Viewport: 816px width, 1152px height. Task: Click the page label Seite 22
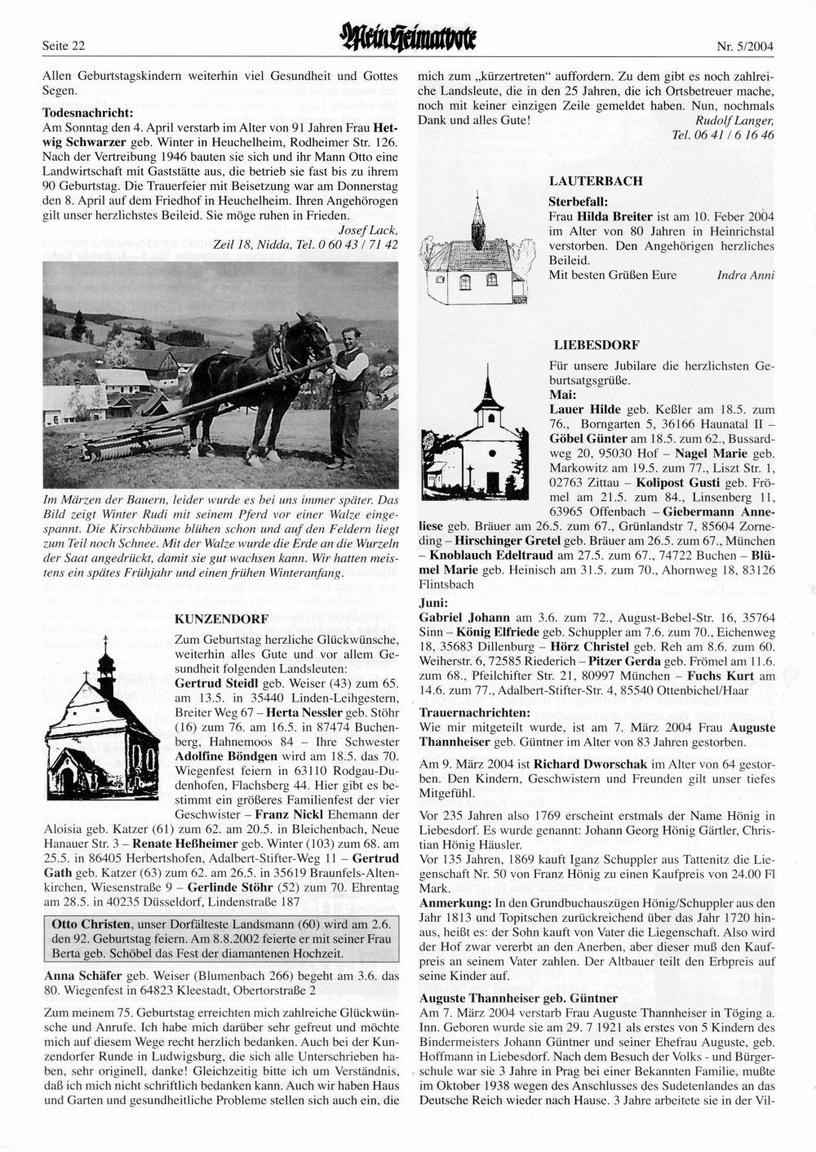[x=64, y=46]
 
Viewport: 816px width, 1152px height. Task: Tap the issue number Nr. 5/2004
[x=746, y=46]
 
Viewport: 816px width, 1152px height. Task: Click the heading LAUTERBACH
[x=596, y=181]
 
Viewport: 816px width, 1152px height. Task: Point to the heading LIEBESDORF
[x=595, y=344]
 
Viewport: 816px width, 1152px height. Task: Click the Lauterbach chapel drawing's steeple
[x=477, y=214]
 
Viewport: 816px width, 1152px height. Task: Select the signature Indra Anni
[x=745, y=275]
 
